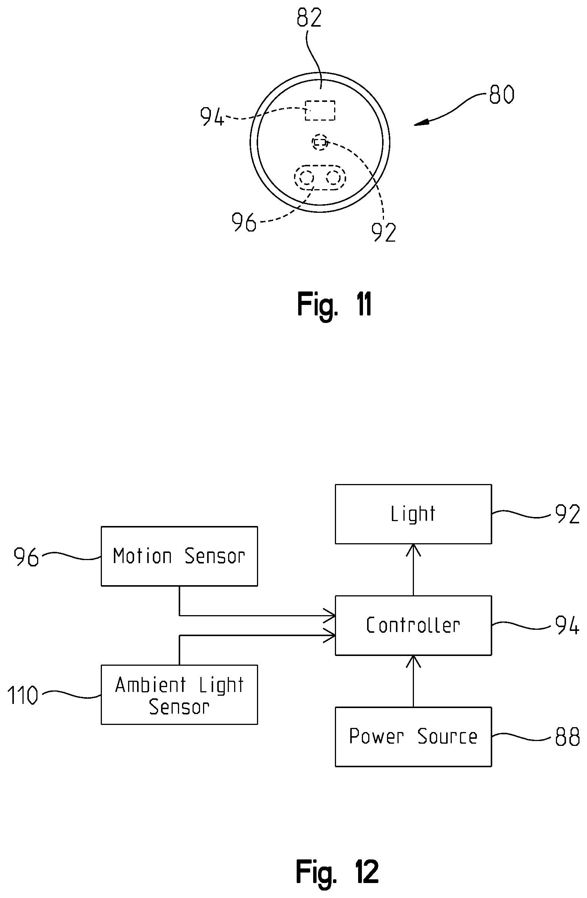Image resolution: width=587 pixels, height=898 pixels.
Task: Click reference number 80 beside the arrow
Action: pos(502,94)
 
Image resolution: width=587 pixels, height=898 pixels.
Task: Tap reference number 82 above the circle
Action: pos(309,17)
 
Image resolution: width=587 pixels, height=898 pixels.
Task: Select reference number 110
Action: pos(23,695)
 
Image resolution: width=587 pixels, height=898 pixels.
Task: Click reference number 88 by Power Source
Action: pos(568,737)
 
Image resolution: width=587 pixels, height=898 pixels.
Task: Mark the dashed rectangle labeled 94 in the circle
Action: pos(320,111)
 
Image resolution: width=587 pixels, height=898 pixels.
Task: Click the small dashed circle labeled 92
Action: pos(320,142)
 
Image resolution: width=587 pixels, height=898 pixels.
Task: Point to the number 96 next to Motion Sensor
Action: pos(26,557)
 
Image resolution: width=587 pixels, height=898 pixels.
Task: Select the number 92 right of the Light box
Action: pos(568,514)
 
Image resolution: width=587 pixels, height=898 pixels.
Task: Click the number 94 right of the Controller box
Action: pos(568,626)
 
